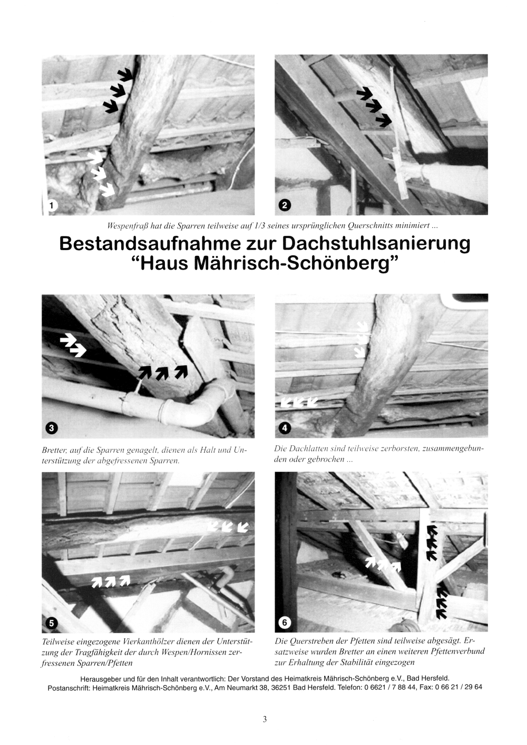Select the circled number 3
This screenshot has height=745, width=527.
pyautogui.click(x=51, y=428)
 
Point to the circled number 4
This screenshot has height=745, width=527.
pyautogui.click(x=284, y=428)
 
